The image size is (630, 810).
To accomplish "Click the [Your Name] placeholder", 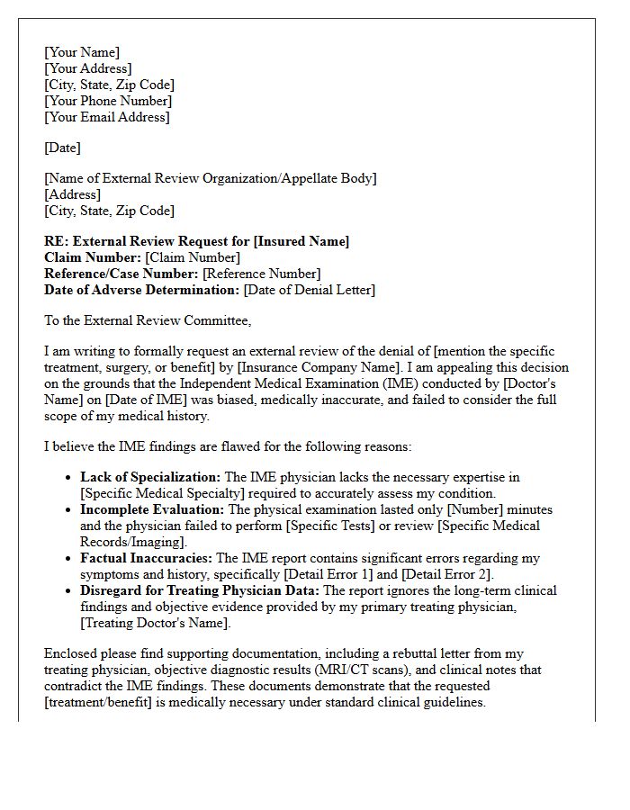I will coord(82,52).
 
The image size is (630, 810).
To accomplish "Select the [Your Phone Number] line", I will coord(108,101).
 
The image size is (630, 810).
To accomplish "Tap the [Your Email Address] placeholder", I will coord(107,117).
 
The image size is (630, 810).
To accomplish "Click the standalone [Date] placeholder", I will coord(62,148).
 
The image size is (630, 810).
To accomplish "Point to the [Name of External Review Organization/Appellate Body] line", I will coord(211,178).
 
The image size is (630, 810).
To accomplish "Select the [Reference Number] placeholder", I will coord(261,274).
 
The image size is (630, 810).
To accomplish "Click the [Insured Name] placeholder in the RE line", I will coord(301,241).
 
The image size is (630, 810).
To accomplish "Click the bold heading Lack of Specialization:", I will coord(150,477).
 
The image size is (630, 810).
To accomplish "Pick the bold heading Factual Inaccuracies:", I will coord(146,558).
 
